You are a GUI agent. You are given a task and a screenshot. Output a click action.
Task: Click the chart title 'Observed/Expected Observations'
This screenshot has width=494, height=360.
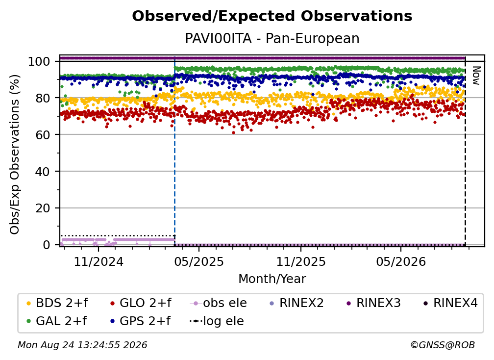coord(272,16)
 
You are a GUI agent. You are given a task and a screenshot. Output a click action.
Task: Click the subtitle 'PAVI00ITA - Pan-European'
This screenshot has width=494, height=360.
coord(272,39)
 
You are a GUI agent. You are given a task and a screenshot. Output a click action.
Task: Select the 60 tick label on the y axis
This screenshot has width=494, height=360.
coord(43,135)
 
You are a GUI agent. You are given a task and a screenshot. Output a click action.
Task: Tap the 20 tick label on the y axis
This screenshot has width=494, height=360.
coord(43,208)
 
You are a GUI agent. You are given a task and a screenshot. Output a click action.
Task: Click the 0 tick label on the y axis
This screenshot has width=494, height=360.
coord(47,245)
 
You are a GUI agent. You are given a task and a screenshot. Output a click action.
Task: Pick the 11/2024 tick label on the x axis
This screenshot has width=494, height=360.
coord(99,261)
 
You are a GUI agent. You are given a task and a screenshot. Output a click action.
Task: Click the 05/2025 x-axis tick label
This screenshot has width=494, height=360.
coord(199,261)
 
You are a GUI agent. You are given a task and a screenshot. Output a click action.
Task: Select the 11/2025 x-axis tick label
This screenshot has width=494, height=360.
coord(301,261)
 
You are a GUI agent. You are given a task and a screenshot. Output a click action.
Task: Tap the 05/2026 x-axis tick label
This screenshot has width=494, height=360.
coord(401,261)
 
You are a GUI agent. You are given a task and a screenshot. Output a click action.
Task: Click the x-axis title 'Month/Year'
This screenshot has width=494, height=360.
coord(272,279)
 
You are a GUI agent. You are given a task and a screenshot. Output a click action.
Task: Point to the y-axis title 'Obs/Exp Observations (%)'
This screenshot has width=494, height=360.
coord(15,154)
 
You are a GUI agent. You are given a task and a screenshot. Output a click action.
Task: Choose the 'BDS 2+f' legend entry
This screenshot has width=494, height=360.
coord(57,303)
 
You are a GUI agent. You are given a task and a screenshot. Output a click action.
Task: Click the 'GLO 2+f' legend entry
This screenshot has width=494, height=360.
coord(141,303)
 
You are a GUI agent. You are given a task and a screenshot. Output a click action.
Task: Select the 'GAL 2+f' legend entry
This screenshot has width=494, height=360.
coord(57,321)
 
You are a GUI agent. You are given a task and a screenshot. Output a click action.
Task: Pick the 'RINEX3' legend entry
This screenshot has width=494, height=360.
coord(373,303)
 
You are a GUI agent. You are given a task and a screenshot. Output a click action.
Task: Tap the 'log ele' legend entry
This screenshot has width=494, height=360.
coord(217,321)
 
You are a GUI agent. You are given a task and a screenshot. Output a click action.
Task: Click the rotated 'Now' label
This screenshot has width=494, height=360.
coord(475,76)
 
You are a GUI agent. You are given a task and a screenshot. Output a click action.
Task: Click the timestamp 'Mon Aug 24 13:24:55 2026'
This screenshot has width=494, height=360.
coord(82,345)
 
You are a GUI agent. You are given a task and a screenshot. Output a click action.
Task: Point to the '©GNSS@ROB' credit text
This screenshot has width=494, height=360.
coord(443,345)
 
